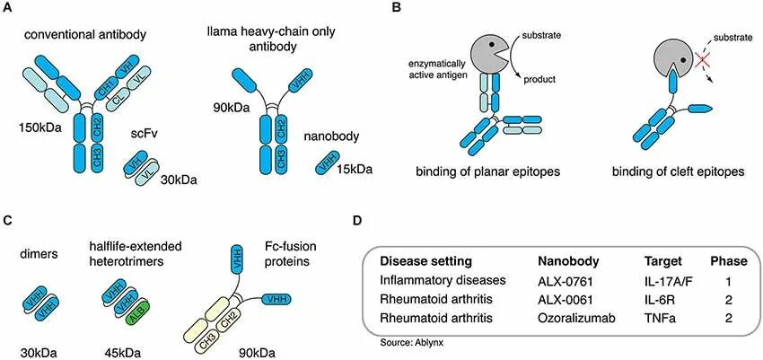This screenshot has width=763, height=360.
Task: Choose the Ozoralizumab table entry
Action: pyautogui.click(x=574, y=318)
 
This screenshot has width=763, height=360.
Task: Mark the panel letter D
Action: pyautogui.click(x=359, y=220)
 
